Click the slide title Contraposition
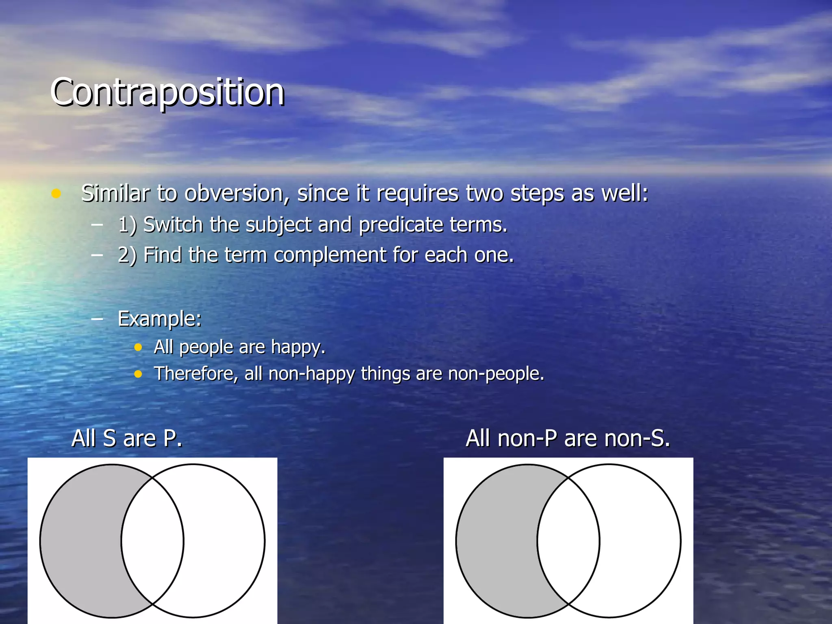(167, 93)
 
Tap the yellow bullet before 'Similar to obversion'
(56, 193)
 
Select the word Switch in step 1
(173, 225)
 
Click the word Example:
(159, 318)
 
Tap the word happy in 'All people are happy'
(298, 347)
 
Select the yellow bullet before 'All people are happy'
(138, 347)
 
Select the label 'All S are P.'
(127, 439)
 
